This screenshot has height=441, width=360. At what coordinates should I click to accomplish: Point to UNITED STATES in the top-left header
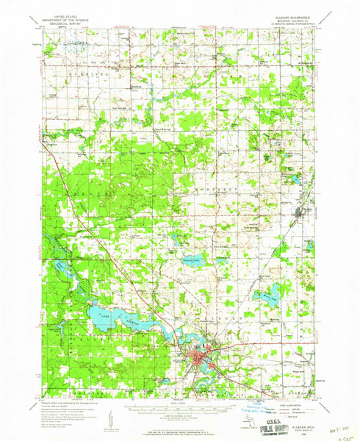coord(61,22)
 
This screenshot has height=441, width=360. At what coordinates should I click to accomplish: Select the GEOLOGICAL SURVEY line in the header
coord(61,29)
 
